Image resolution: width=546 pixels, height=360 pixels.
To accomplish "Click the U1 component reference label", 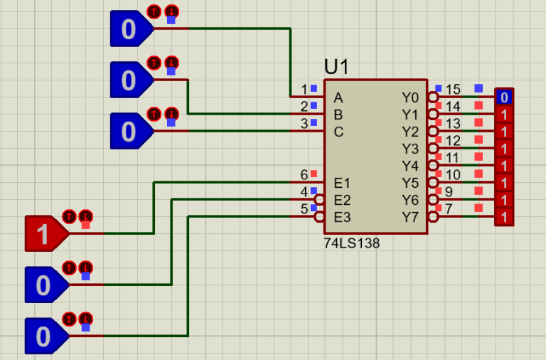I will pyautogui.click(x=337, y=67).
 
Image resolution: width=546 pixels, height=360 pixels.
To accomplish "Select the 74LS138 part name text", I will pyautogui.click(x=352, y=243).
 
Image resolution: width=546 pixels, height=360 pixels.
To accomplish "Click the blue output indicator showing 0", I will pyautogui.click(x=504, y=97).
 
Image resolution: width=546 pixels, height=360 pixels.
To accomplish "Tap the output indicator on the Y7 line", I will pyautogui.click(x=504, y=216).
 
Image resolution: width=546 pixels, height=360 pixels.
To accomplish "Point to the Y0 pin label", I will pyautogui.click(x=410, y=97).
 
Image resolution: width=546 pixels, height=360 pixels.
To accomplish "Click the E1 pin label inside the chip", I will pyautogui.click(x=342, y=183).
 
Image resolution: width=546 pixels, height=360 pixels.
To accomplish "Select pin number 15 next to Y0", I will pyautogui.click(x=453, y=90).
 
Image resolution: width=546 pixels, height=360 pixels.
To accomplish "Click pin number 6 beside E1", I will pyautogui.click(x=304, y=175).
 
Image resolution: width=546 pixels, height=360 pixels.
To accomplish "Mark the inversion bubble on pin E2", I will pyautogui.click(x=320, y=200).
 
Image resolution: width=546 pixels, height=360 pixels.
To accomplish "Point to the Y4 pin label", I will pyautogui.click(x=410, y=166).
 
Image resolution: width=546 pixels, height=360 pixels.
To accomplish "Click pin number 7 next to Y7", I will pyautogui.click(x=449, y=209).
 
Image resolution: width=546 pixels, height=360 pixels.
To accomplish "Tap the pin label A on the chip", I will pyautogui.click(x=338, y=97).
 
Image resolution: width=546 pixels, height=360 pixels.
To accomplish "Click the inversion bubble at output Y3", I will pyautogui.click(x=432, y=148).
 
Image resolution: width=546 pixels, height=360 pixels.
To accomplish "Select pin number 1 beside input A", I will pyautogui.click(x=304, y=90).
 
